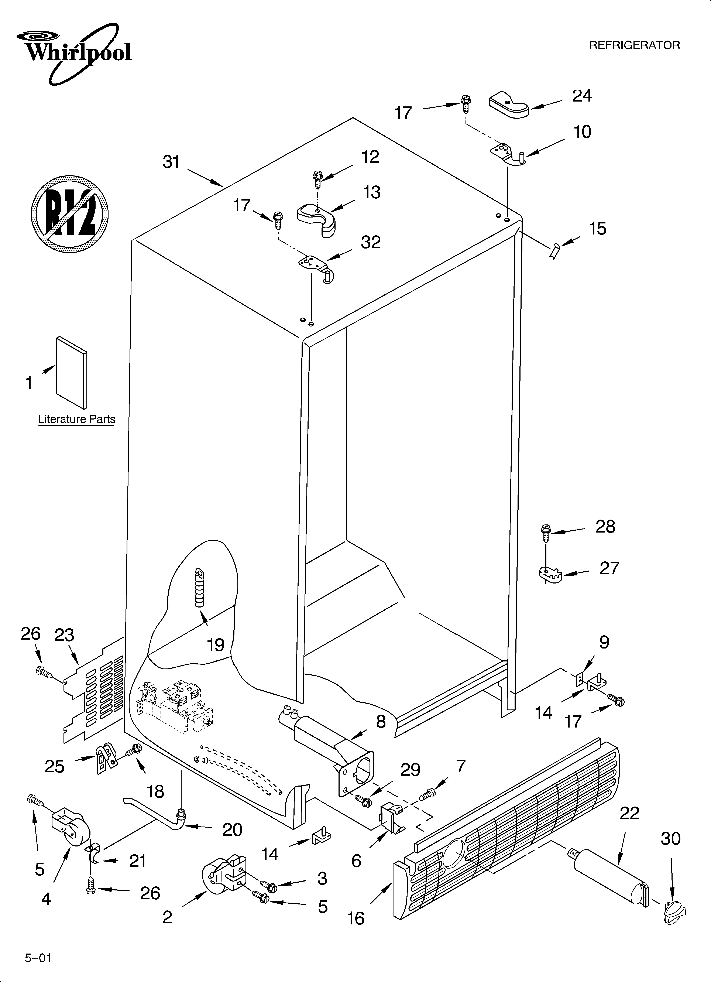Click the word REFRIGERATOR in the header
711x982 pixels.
[x=634, y=45]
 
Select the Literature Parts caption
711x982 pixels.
[x=77, y=419]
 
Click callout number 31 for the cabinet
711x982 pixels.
[x=171, y=161]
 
